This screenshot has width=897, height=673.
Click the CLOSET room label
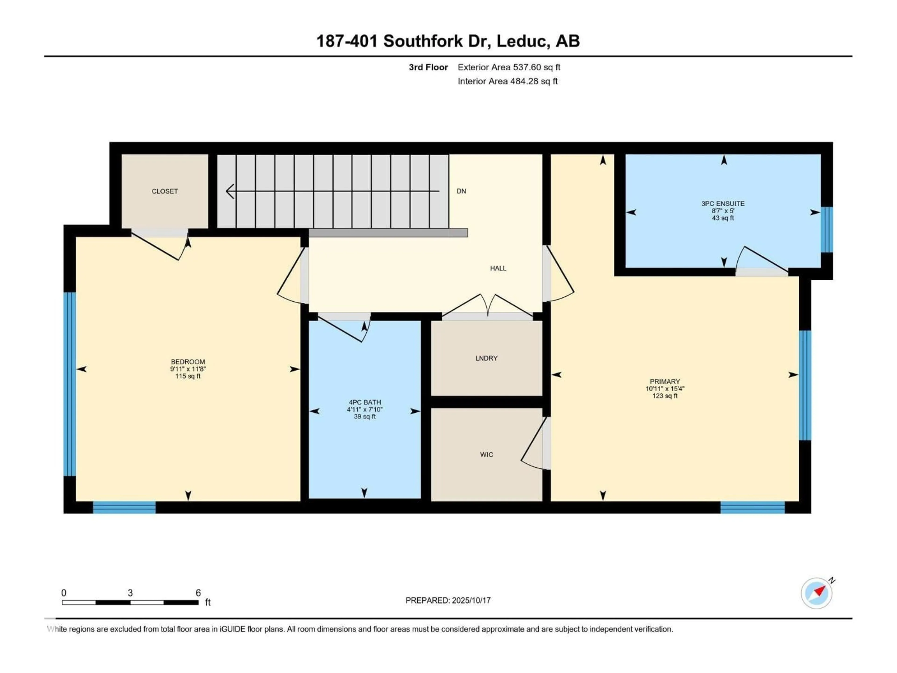click(165, 191)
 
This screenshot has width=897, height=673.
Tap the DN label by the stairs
click(461, 191)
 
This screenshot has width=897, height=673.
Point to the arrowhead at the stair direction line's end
click(230, 191)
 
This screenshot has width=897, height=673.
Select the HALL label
click(498, 268)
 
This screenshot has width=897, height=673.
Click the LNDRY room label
click(486, 358)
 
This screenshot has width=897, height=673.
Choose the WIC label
click(486, 455)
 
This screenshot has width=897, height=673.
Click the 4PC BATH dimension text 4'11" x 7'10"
click(365, 410)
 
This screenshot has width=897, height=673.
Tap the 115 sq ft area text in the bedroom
click(188, 376)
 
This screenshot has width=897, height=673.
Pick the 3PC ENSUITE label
click(723, 204)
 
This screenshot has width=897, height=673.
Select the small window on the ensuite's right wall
click(827, 230)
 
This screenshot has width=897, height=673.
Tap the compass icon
click(816, 593)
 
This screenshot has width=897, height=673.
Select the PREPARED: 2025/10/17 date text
click(448, 600)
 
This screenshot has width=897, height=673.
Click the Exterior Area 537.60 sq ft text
click(509, 67)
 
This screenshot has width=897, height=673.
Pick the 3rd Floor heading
click(428, 67)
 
